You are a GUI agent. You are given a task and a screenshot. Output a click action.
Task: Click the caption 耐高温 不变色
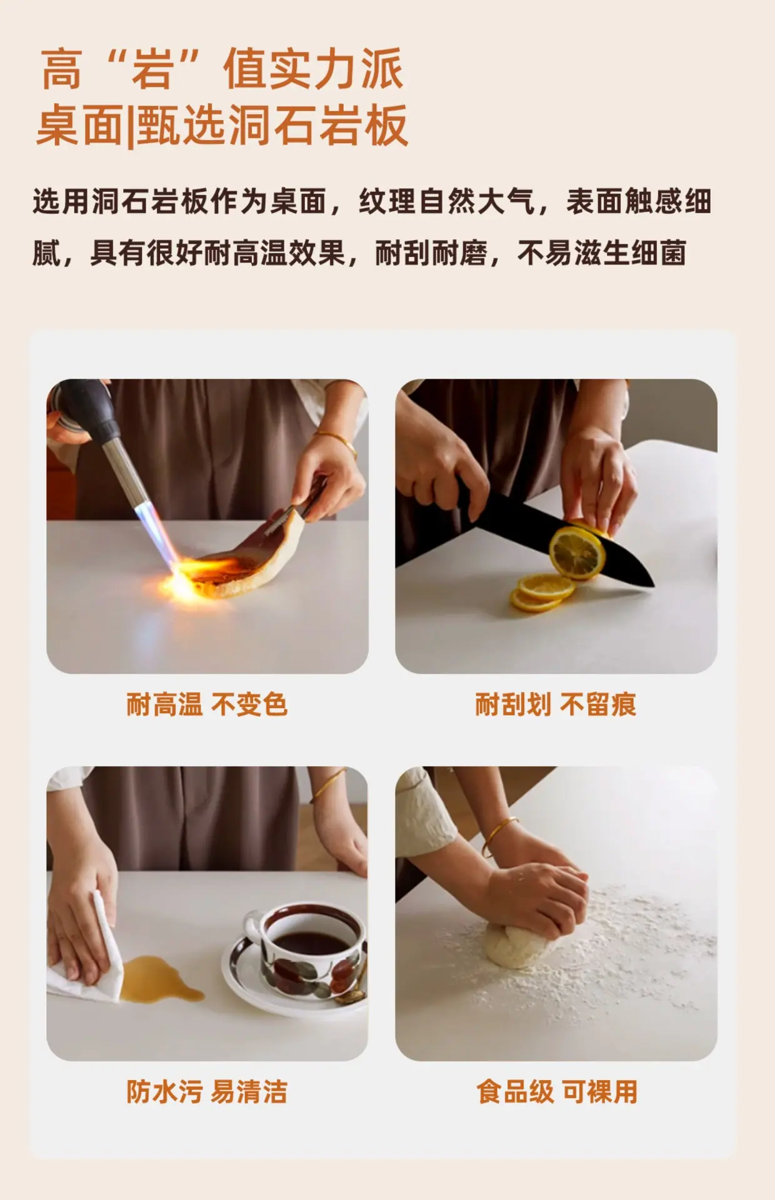207,704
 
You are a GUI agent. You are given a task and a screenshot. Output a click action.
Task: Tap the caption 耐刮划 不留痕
556,704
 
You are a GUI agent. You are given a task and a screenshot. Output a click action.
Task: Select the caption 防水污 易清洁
207,1092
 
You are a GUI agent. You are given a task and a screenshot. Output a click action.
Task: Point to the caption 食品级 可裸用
557,1092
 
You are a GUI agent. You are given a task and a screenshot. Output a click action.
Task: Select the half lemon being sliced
579,550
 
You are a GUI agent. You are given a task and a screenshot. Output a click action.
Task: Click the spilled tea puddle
159,979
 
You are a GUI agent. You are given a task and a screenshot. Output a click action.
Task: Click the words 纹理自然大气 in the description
447,202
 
